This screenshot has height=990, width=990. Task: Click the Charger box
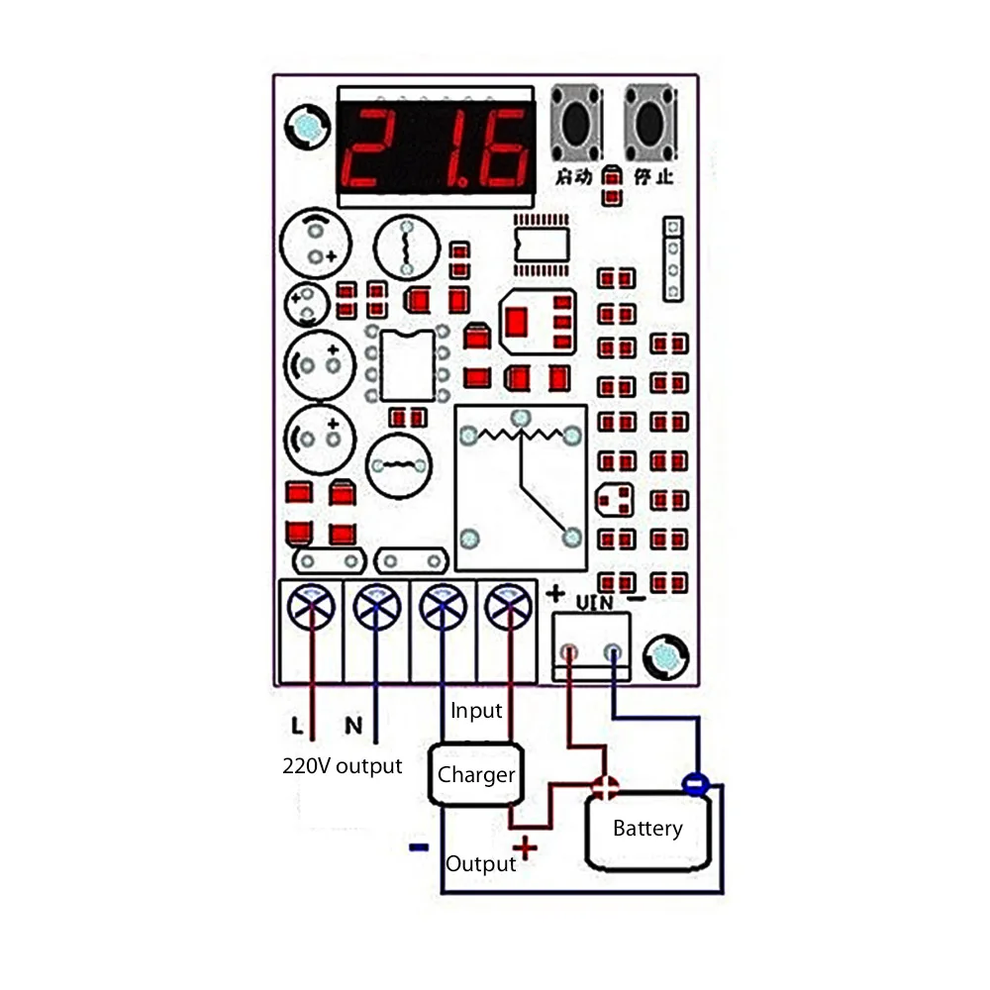pos(476,774)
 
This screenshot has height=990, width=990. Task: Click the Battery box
pos(647,829)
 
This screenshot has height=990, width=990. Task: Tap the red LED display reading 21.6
pos(438,149)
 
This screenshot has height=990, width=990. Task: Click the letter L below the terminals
pos(297,727)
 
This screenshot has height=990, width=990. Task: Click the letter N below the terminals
pos(352,727)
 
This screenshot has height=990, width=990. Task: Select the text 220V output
pos(343,765)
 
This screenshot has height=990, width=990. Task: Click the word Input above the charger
pos(476,711)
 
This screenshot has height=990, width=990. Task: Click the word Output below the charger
pos(480,863)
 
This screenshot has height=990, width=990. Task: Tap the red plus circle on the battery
pos(604,787)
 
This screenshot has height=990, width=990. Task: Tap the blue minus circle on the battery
pos(695,784)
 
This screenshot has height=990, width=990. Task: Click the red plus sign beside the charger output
pos(524,847)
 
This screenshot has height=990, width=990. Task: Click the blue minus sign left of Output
pos(419,846)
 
